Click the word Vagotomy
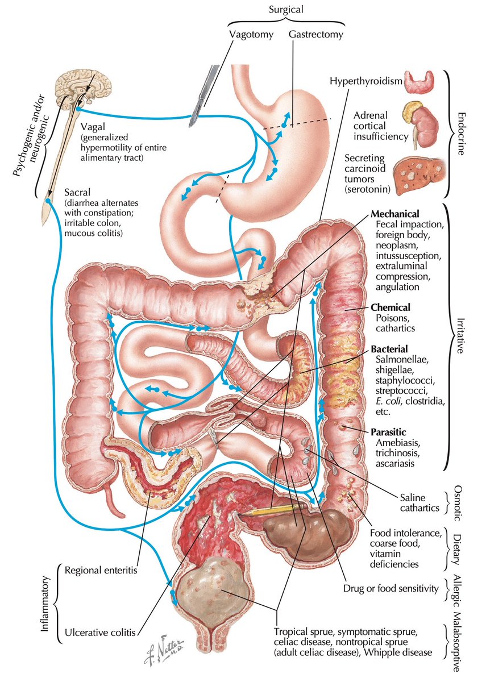tap(251, 35)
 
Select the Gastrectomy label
tap(316, 35)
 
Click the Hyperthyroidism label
tap(366, 82)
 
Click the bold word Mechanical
tap(394, 214)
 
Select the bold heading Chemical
tap(391, 307)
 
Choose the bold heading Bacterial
tap(389, 349)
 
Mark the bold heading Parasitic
tap(388, 432)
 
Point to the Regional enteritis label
tap(101, 570)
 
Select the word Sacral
tap(77, 193)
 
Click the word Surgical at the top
tap(286, 10)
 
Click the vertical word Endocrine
tap(462, 134)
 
